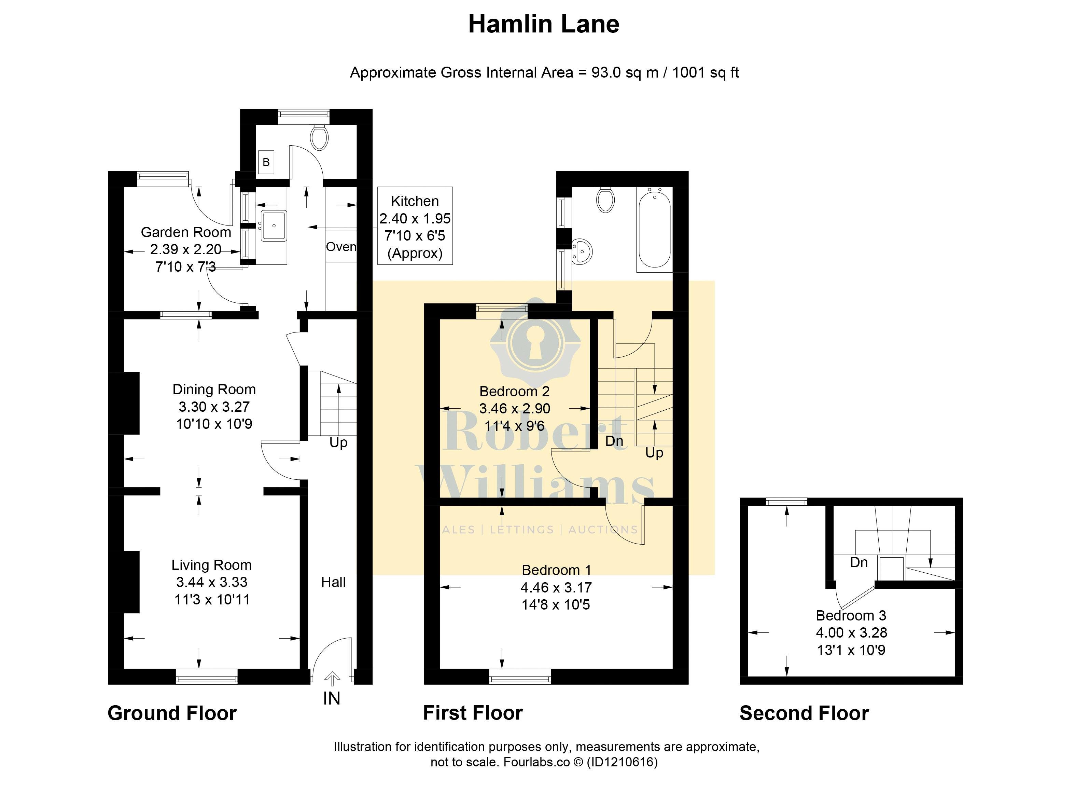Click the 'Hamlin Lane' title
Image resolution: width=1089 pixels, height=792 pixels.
[544, 24]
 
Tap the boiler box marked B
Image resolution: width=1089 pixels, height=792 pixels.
[266, 162]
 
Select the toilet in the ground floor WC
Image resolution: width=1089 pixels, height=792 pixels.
[319, 137]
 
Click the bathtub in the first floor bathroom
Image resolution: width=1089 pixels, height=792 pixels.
[654, 230]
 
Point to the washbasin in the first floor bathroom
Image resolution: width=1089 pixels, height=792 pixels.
[583, 251]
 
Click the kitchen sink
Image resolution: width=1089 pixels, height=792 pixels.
[274, 225]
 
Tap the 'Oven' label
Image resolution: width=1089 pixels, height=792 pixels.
[341, 247]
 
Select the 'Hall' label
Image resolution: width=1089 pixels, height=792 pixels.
[333, 582]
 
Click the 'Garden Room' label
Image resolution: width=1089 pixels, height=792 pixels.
[186, 232]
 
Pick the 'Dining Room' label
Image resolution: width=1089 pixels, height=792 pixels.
[214, 389]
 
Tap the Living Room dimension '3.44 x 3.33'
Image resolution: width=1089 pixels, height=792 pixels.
[212, 582]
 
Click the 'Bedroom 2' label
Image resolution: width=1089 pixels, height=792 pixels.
[514, 392]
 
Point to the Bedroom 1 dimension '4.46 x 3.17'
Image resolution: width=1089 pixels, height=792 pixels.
[556, 587]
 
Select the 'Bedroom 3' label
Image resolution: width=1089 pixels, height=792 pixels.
[851, 615]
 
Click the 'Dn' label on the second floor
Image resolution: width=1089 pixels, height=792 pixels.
[859, 562]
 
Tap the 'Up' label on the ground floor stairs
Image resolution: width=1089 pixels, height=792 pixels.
[338, 443]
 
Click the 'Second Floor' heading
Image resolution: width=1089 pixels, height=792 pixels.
[804, 713]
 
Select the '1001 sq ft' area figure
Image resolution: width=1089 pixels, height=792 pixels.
[706, 72]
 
